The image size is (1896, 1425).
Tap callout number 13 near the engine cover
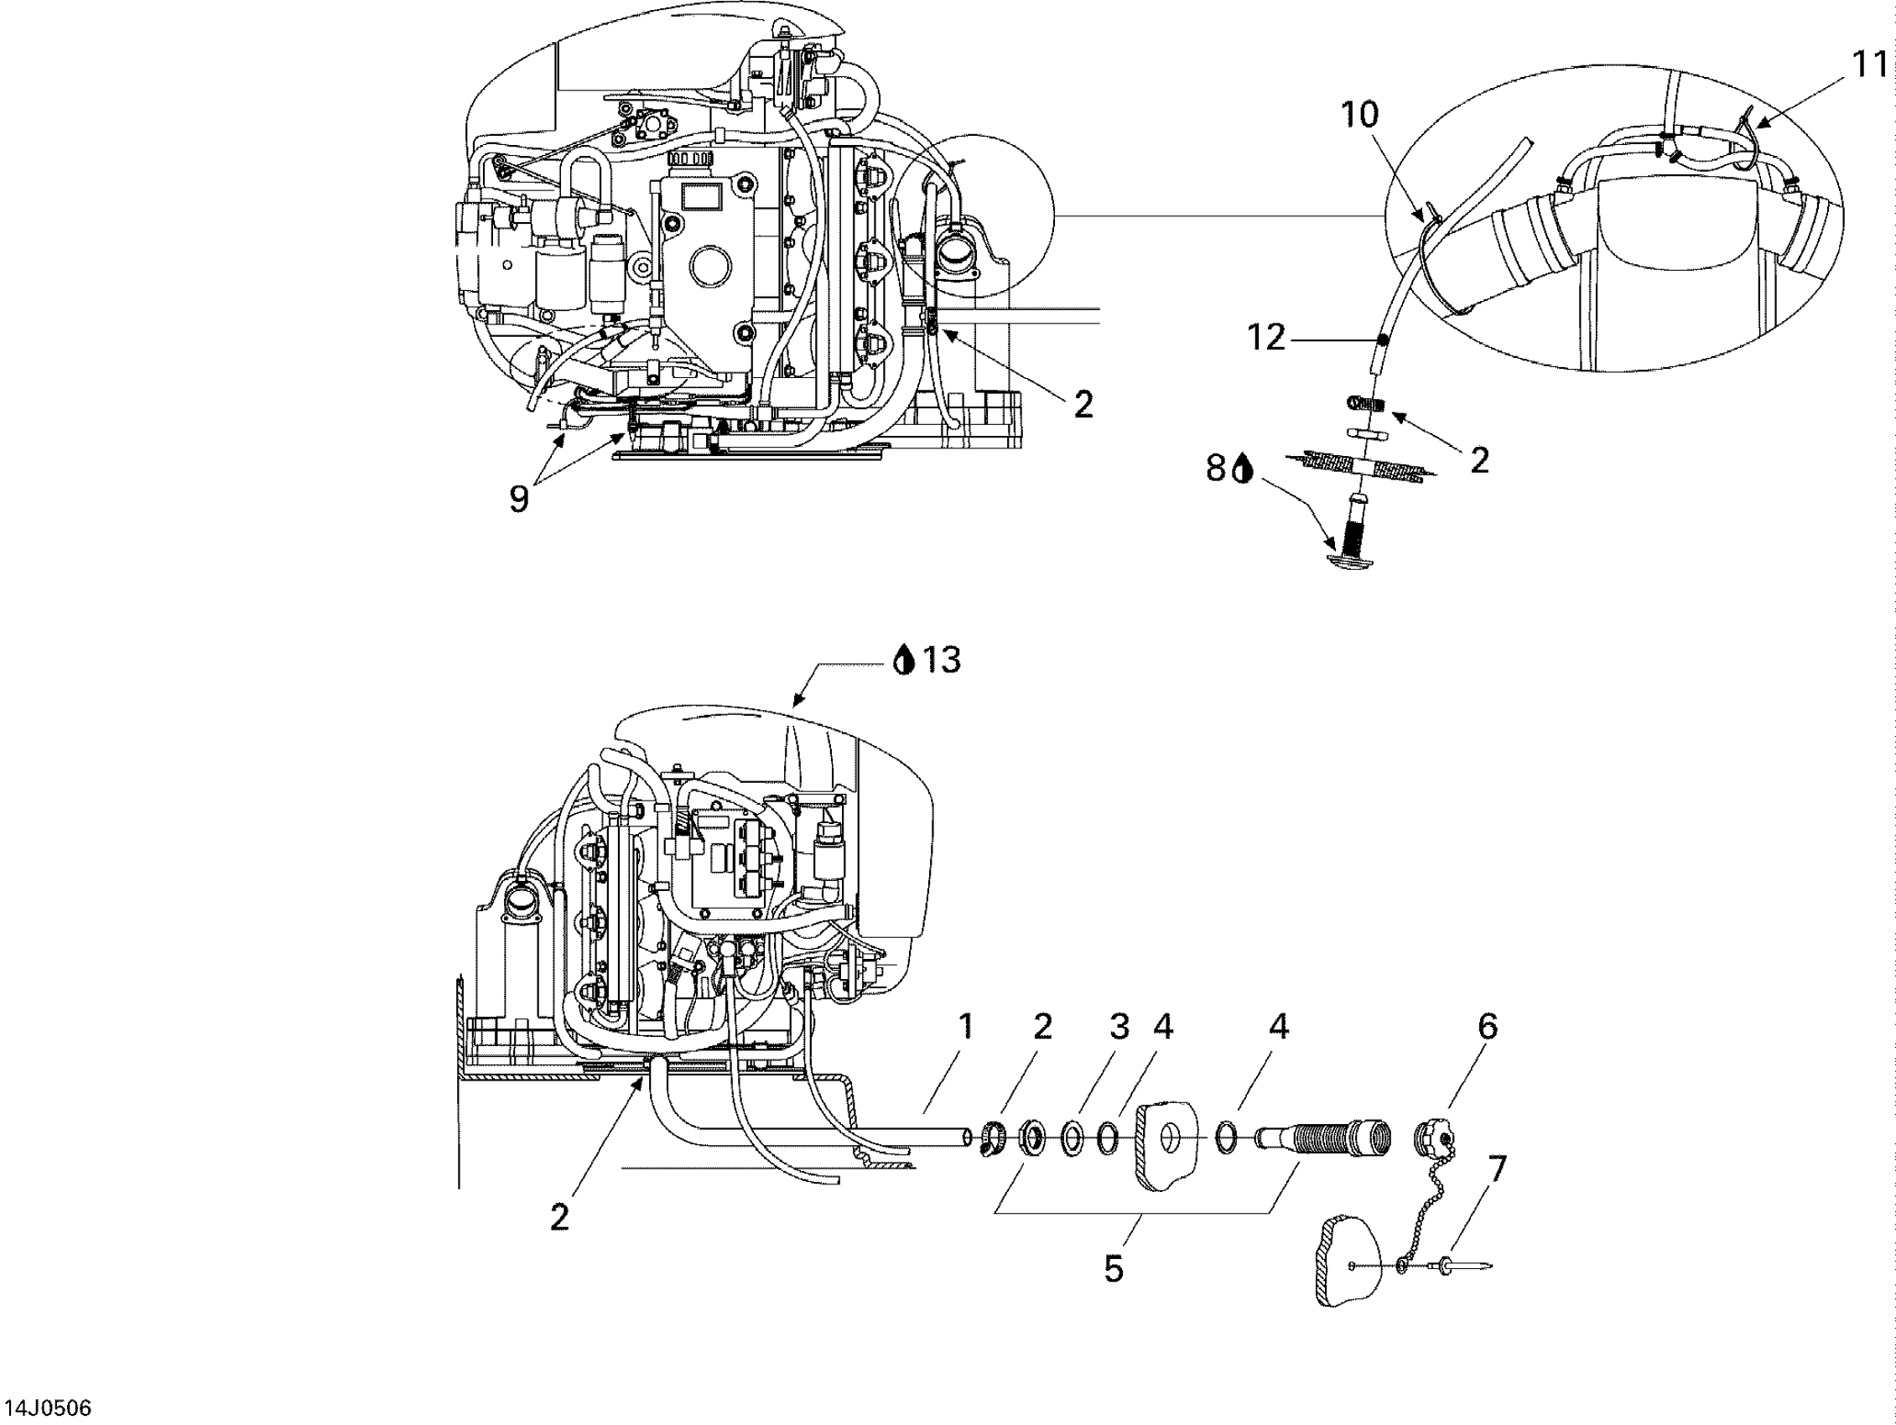click(x=942, y=660)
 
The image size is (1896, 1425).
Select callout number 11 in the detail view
click(x=1870, y=65)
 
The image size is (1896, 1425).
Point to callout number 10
click(x=1359, y=114)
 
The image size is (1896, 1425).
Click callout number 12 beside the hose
click(x=1266, y=339)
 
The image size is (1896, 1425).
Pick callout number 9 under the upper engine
click(x=518, y=499)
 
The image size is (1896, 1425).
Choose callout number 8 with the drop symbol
click(x=1215, y=468)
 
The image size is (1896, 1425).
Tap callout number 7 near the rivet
click(x=1497, y=1168)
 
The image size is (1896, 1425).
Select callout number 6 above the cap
click(x=1487, y=1026)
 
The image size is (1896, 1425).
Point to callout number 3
click(x=1119, y=1026)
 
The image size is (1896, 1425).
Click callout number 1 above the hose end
click(x=966, y=1026)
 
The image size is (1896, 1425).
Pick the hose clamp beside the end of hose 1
click(x=995, y=1138)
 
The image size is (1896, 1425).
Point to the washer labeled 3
click(x=1073, y=1140)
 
